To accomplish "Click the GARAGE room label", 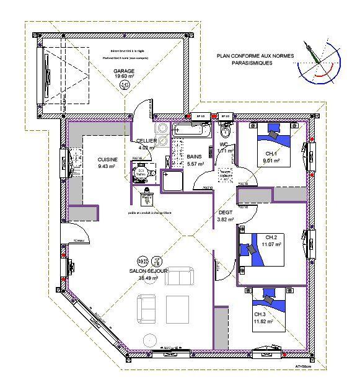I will tap(124, 71).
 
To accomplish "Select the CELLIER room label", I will tap(146, 141).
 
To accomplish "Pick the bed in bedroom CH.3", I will tap(271, 301).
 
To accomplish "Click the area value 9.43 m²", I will tap(107, 166).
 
